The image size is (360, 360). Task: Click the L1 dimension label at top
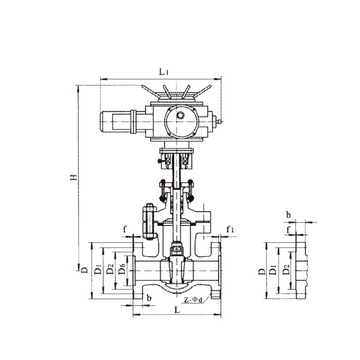coord(164,72)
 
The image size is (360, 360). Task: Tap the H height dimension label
coord(74,177)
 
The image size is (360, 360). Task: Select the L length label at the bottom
coord(177,310)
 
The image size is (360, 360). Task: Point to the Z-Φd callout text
coord(193,299)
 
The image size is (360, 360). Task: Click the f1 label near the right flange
coord(230,229)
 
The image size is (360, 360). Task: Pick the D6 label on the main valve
coord(122,269)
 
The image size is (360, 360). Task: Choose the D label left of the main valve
coord(85,269)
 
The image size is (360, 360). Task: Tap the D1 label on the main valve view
coord(98,269)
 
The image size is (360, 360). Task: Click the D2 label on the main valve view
coord(110,269)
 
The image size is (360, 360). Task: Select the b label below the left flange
coord(149,298)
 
